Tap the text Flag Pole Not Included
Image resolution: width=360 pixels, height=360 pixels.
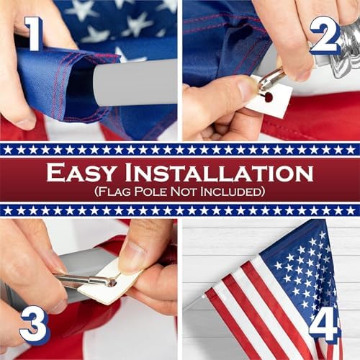coord(180,192)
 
